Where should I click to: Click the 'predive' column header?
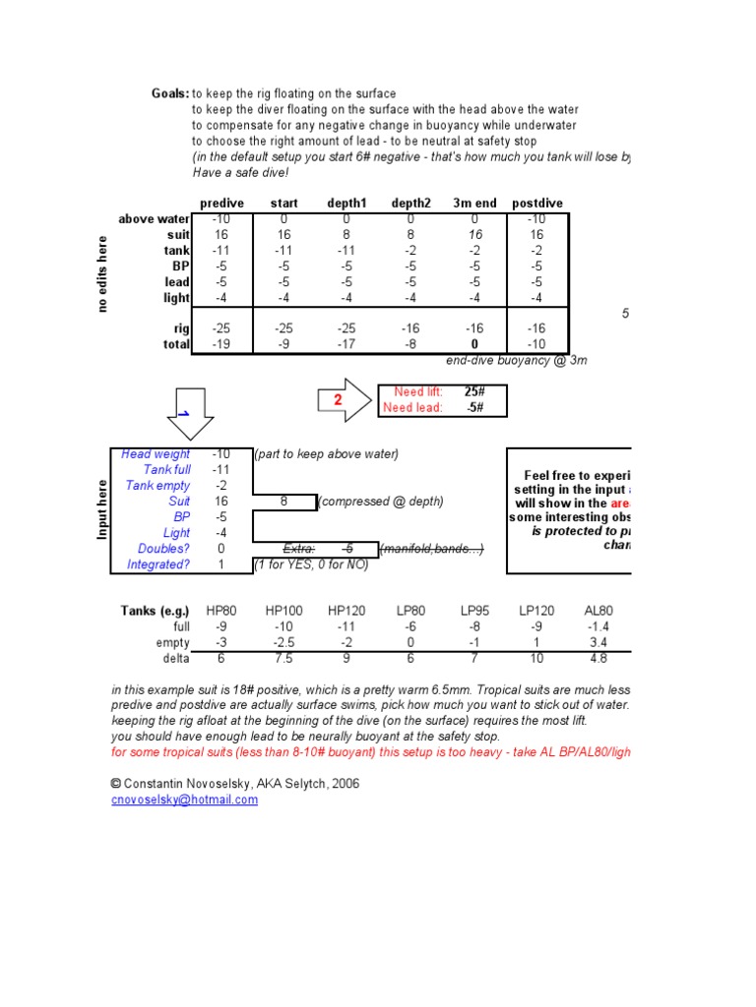coord(221,204)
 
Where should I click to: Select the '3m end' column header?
coord(474,204)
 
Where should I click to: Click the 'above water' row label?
coord(154,219)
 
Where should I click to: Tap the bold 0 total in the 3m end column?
coord(474,345)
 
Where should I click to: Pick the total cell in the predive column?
coord(221,345)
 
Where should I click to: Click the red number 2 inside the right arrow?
coord(338,400)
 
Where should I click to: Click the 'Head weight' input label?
coord(156,454)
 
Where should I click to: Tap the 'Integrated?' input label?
coord(158,564)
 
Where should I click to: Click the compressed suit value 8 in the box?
coord(283,502)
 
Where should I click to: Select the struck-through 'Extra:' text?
coord(299,549)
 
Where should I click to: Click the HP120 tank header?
coord(347,611)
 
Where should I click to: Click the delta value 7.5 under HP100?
coord(283,658)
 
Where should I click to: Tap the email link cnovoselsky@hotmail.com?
coord(185,800)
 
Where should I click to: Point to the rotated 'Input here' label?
coord(100,509)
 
